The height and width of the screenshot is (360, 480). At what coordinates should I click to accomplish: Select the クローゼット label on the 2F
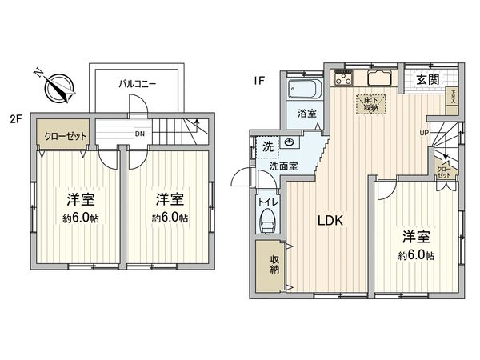[65, 136]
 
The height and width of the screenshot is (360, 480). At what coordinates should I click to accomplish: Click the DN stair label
[140, 134]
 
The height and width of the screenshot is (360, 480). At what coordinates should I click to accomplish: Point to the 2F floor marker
[15, 121]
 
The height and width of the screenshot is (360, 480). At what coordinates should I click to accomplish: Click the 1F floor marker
[258, 79]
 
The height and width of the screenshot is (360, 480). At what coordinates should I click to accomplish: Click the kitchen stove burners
[345, 78]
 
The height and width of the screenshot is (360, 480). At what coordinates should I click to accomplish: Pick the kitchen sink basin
[377, 80]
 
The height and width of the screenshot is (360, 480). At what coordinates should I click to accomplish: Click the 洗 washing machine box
[266, 146]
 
